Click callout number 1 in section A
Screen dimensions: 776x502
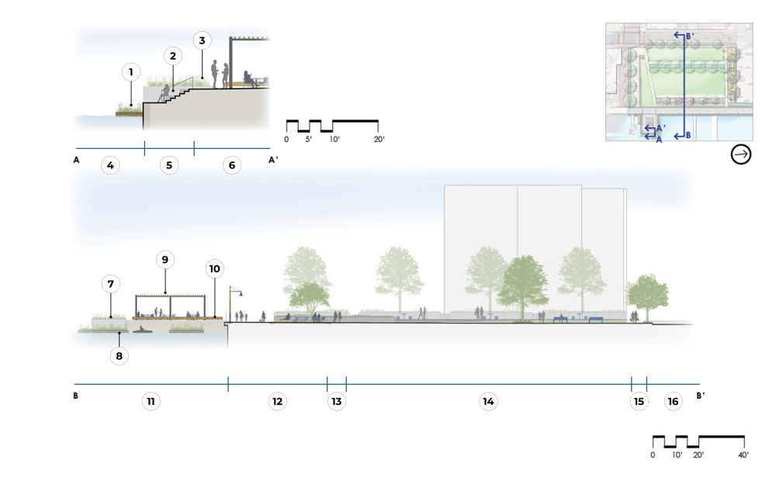point(131,72)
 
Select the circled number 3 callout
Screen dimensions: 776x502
point(202,40)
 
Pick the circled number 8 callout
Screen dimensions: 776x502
point(119,356)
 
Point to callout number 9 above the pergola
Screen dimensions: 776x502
point(165,259)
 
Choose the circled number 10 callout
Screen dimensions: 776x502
point(215,268)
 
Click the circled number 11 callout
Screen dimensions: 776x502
point(151,401)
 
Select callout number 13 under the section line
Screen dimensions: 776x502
point(336,401)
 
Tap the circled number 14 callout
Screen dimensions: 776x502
point(488,401)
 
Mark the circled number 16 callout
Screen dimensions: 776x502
point(673,401)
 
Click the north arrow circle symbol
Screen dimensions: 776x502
point(741,155)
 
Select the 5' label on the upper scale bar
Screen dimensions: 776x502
point(308,140)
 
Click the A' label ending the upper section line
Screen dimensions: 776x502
point(273,160)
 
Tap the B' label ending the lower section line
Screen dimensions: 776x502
point(702,396)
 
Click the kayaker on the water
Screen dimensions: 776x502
point(143,330)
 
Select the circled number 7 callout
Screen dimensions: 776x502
point(111,284)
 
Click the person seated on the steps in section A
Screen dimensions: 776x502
point(164,93)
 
